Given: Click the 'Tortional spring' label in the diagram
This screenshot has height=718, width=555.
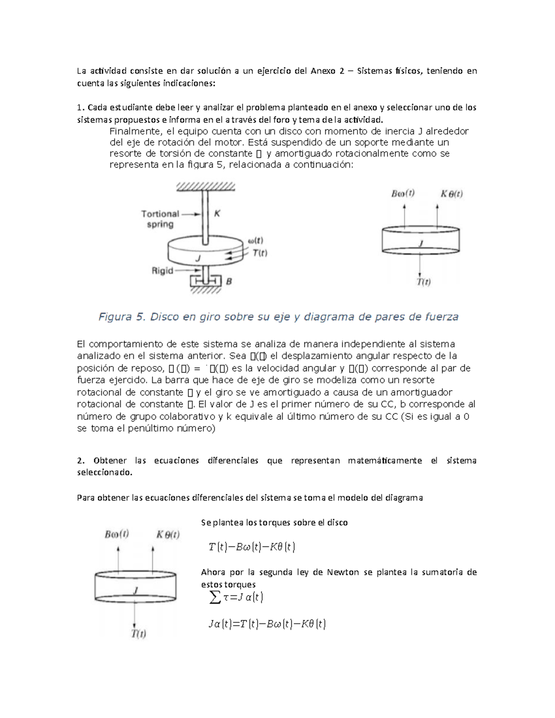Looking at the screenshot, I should click(160, 219).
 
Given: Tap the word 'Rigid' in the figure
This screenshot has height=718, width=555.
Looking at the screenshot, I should click(162, 271).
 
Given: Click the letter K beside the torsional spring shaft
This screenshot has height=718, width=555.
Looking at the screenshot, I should click(217, 214).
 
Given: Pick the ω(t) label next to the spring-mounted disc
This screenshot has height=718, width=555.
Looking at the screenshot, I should click(256, 241).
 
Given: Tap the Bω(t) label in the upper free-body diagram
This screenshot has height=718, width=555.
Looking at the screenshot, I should click(403, 194).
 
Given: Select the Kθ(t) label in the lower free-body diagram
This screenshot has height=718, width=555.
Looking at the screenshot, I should click(167, 534).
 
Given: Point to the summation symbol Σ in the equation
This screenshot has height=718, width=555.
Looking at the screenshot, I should click(215, 597).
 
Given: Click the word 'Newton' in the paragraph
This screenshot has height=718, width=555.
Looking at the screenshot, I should click(343, 572).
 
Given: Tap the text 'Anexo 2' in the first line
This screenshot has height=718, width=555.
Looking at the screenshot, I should click(326, 71).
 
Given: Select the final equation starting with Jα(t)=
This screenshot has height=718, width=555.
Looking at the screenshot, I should click(267, 624).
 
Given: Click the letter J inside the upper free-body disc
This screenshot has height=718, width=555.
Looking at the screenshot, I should click(420, 243).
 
